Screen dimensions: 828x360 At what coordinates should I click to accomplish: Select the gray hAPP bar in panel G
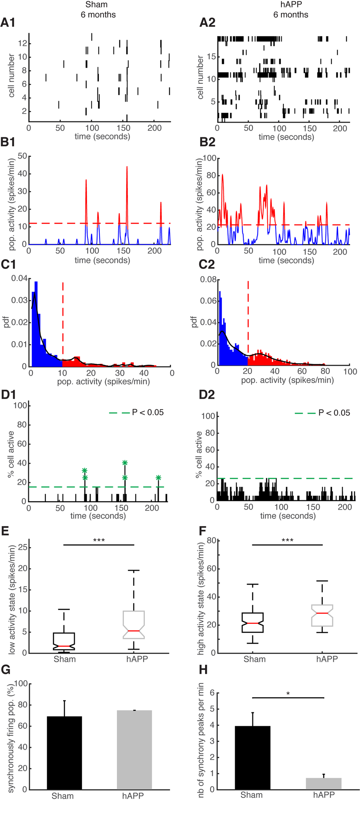pos(134,750)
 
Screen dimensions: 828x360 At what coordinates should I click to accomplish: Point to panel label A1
pos(8,23)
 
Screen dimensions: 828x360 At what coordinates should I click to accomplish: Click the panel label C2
pos(207,265)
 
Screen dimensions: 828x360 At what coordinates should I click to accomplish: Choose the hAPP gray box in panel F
pos(322,616)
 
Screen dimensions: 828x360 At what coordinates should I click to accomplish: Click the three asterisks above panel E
pos(99,540)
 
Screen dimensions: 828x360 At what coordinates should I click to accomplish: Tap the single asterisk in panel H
pos(288,694)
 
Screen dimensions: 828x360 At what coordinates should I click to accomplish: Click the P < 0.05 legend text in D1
pos(148,412)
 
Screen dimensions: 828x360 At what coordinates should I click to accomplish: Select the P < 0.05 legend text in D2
pos(334,413)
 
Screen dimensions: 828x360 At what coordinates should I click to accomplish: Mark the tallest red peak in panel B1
pos(127,167)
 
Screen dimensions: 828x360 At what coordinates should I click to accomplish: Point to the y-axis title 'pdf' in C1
pos(6,322)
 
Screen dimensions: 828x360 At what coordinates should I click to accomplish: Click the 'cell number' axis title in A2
pos(200,77)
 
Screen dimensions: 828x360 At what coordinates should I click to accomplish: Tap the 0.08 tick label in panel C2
pos(208,279)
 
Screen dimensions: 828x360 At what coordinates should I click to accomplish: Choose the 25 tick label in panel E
pos(22,547)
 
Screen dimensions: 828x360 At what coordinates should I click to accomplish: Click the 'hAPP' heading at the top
pos(291,5)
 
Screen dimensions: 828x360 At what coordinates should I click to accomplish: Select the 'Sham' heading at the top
pos(96,5)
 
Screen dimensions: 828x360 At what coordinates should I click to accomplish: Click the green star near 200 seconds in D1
pos(158,478)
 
